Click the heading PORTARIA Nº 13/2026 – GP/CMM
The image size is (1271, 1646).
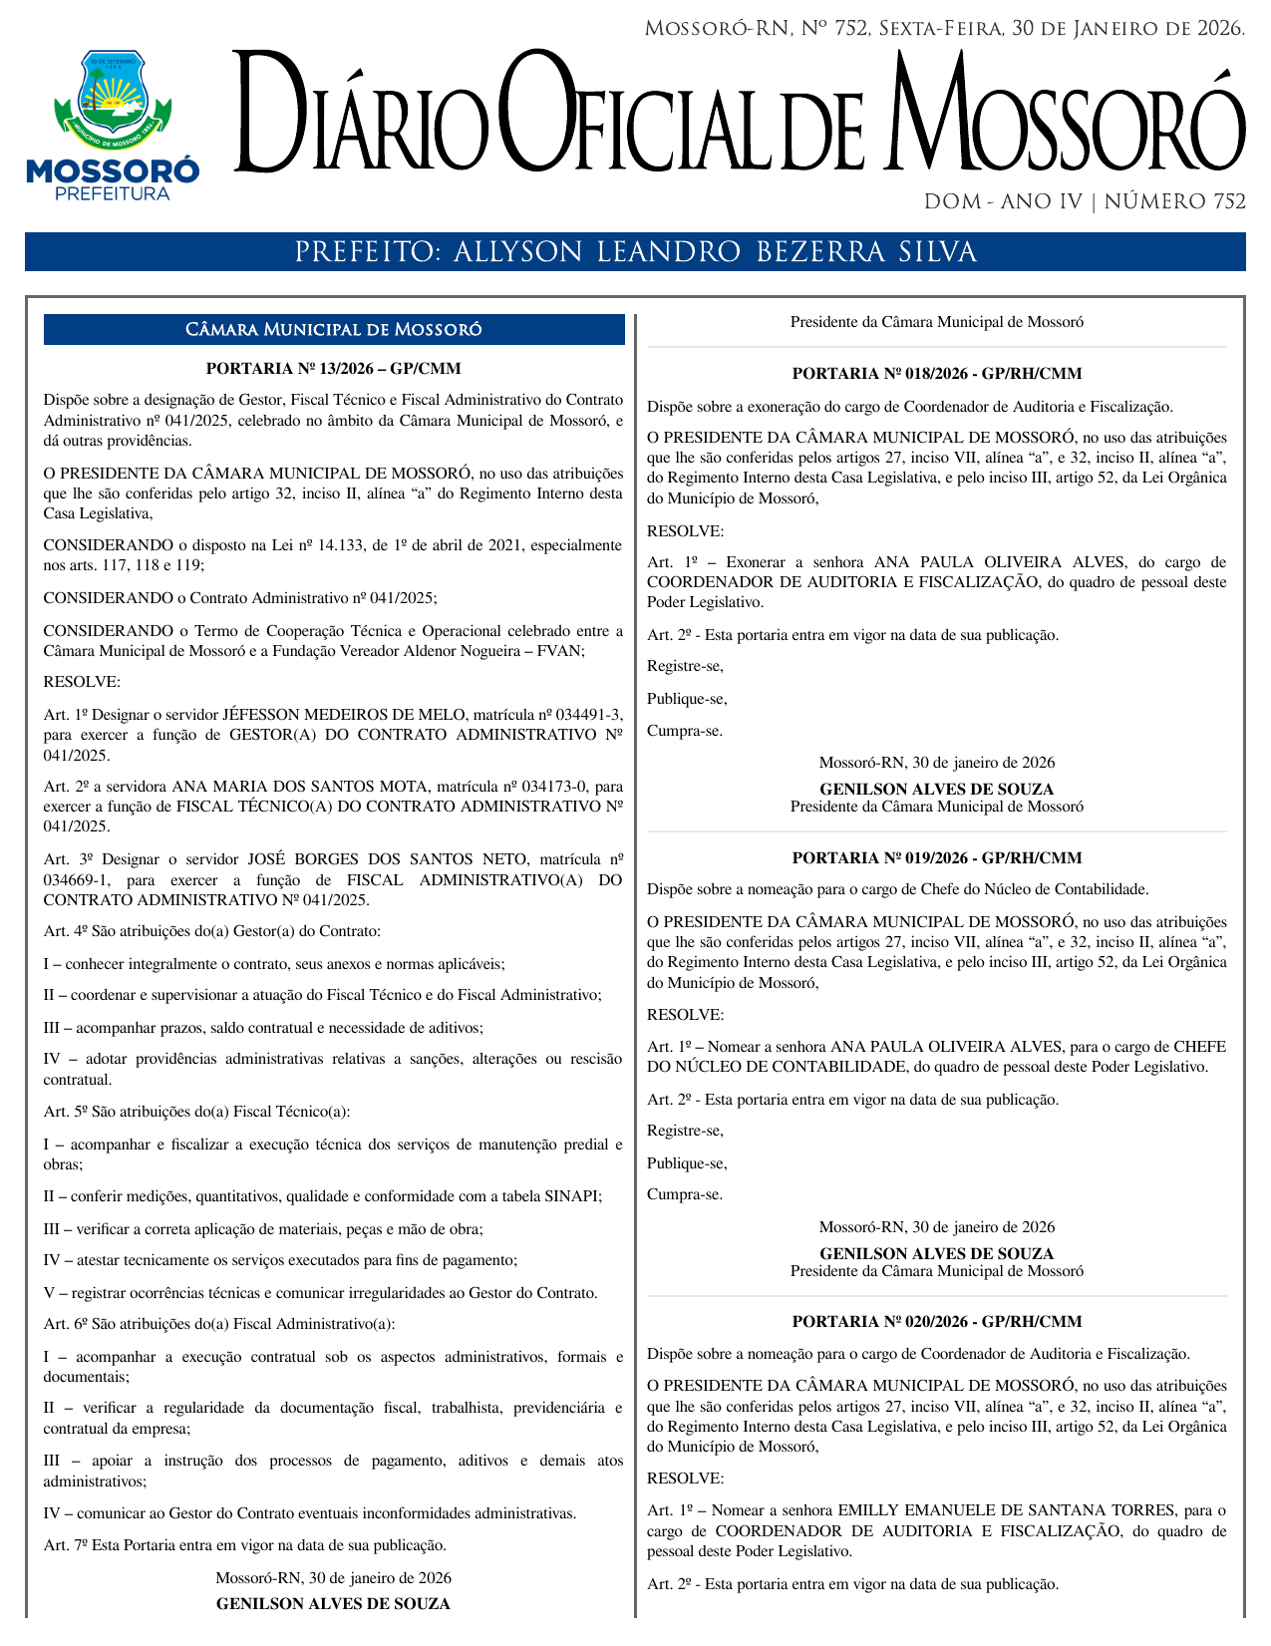click(333, 369)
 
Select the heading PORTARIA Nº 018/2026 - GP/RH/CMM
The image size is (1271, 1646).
click(936, 374)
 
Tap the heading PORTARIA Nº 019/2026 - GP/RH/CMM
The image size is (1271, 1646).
click(936, 857)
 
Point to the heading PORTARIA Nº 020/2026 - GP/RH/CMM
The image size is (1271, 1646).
click(936, 1322)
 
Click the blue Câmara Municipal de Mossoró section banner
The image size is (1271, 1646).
click(333, 330)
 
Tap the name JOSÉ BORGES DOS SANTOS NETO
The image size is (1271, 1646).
click(388, 859)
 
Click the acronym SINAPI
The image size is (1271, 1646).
click(572, 1196)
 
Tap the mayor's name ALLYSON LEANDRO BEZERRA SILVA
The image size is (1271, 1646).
click(715, 252)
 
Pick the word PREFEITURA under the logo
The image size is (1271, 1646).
click(112, 194)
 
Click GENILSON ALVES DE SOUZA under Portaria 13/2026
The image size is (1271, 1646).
click(333, 1604)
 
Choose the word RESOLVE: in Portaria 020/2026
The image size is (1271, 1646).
click(685, 1479)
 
